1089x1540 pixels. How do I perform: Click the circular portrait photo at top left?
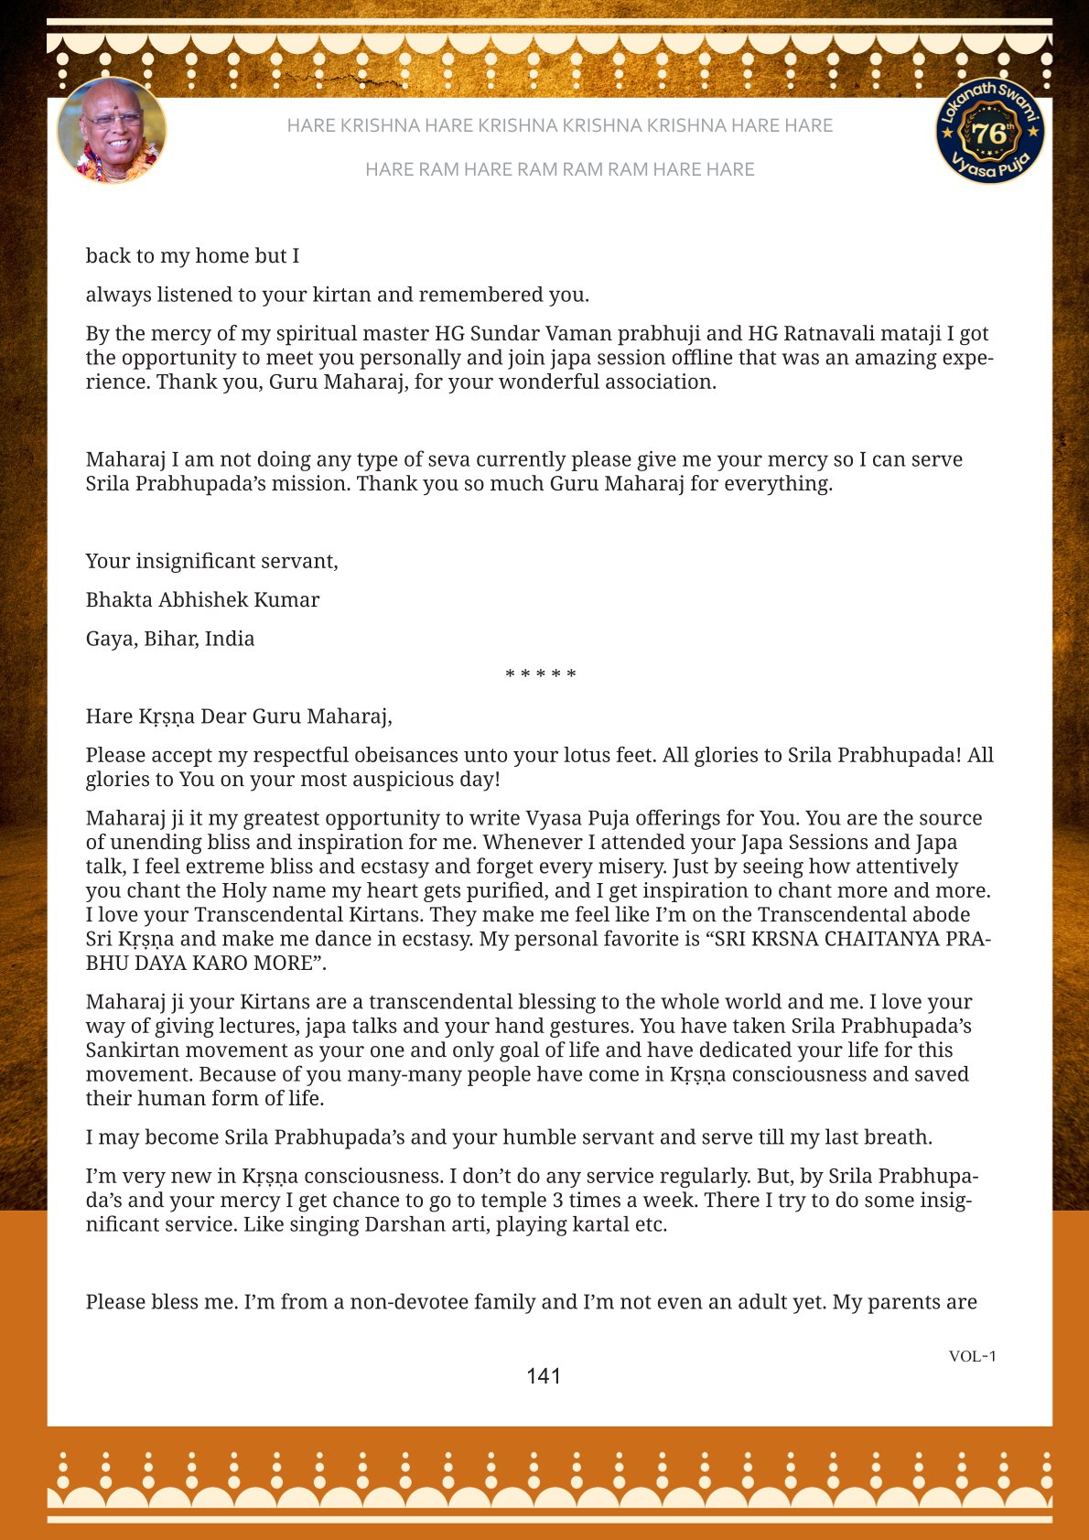coord(112,130)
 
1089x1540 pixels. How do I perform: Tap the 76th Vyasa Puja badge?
coord(989,131)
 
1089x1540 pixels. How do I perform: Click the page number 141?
coord(544,1376)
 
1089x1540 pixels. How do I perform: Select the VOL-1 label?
coord(972,1356)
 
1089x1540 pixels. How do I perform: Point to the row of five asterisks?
coord(541,675)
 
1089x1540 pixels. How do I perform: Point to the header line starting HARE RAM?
coord(559,169)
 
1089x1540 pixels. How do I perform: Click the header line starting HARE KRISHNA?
coord(559,125)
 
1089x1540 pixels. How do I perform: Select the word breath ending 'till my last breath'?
coord(899,1137)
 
